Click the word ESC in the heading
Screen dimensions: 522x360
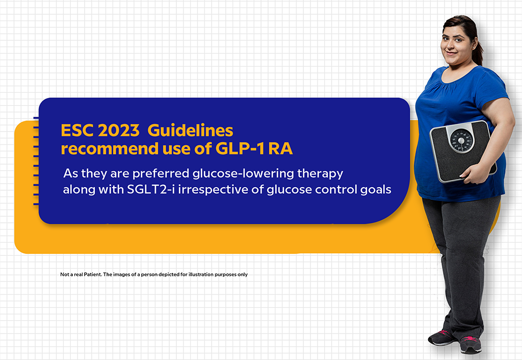[76, 131]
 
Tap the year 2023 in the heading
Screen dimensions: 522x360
[118, 131]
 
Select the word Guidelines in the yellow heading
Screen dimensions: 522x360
[190, 131]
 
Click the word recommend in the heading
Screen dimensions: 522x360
[109, 148]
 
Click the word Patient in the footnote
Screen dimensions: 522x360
[93, 274]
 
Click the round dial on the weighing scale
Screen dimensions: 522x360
[461, 141]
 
